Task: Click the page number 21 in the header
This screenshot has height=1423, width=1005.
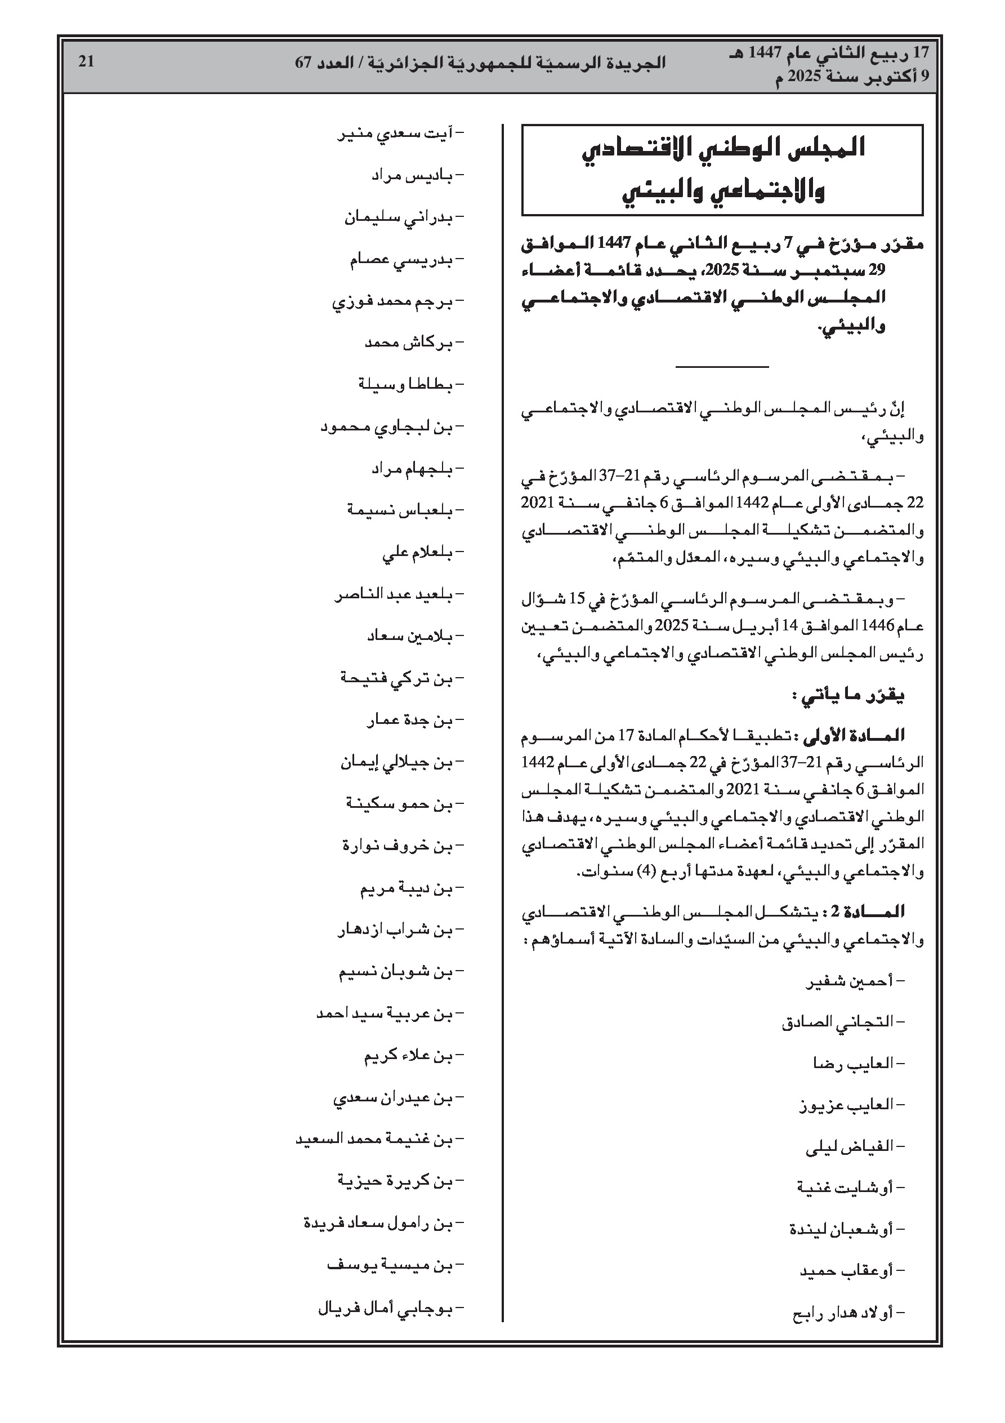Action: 86,62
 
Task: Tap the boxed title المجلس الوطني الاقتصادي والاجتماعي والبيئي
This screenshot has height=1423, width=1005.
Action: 722,169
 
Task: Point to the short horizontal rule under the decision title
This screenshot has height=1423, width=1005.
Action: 722,367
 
